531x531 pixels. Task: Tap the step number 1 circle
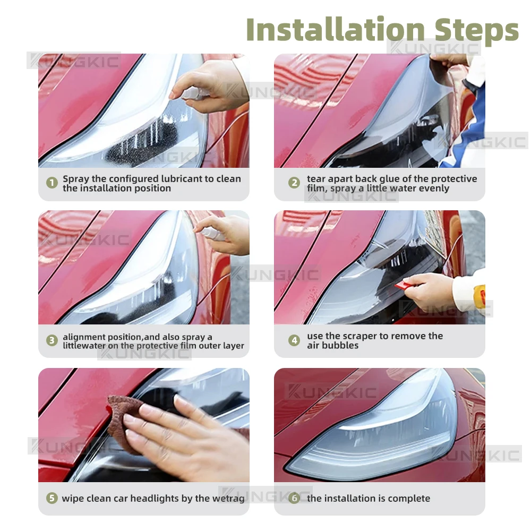[x=52, y=183]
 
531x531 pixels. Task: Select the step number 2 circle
[x=294, y=183]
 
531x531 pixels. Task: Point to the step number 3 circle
[x=52, y=340]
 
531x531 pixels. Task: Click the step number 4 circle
[x=294, y=340]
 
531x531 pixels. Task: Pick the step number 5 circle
[x=52, y=498]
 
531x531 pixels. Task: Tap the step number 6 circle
[x=294, y=498]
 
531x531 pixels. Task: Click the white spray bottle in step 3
[x=210, y=233]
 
